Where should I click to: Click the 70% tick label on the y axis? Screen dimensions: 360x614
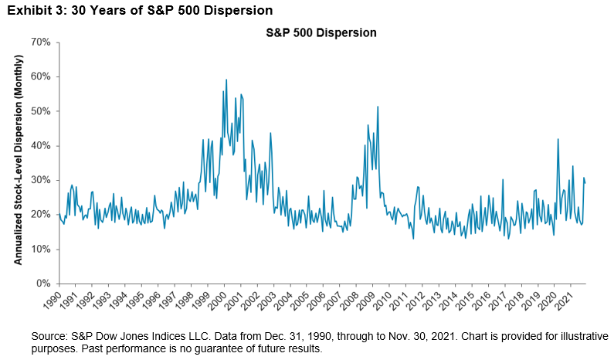(x=40, y=42)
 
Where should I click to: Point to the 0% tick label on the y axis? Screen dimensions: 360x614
(x=43, y=284)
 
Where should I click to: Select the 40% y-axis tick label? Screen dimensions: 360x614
(x=40, y=145)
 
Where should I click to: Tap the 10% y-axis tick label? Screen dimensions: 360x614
(x=40, y=249)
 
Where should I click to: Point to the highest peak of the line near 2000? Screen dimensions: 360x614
(x=226, y=80)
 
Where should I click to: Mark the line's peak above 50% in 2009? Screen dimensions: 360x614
(x=378, y=107)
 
